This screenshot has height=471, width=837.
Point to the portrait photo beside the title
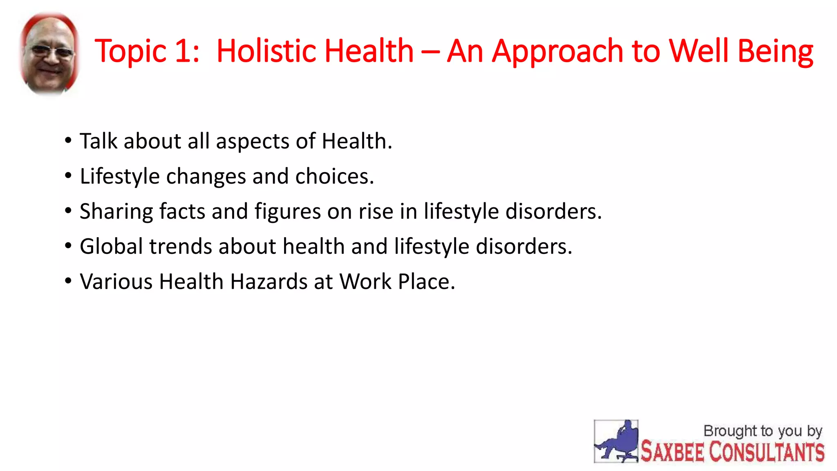[49, 53]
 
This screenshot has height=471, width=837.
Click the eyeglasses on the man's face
[51, 52]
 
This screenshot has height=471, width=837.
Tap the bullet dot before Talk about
[68, 141]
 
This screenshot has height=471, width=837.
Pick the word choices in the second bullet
[334, 176]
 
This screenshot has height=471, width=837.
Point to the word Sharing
[116, 212]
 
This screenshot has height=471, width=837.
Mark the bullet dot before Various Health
[68, 281]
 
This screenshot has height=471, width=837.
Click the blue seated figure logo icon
[616, 441]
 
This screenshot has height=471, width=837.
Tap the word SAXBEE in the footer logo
[672, 452]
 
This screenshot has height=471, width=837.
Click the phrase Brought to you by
[762, 431]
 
